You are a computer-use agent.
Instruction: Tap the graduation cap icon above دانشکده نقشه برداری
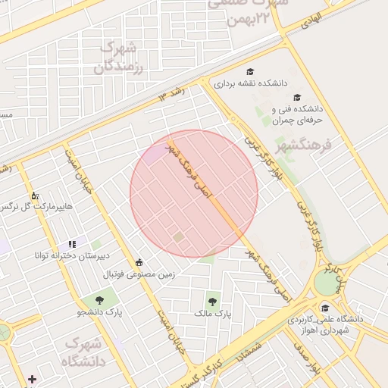[249, 71]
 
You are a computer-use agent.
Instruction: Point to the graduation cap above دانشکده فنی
[297, 98]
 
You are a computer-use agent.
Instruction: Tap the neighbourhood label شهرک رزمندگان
[120, 58]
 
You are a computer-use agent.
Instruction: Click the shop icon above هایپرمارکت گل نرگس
[35, 196]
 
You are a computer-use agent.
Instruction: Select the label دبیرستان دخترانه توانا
[66, 255]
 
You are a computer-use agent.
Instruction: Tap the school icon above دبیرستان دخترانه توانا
[72, 244]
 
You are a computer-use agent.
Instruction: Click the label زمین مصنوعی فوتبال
[139, 274]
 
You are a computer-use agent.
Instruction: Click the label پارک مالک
[211, 312]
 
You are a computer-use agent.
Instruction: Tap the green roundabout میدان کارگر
[325, 283]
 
